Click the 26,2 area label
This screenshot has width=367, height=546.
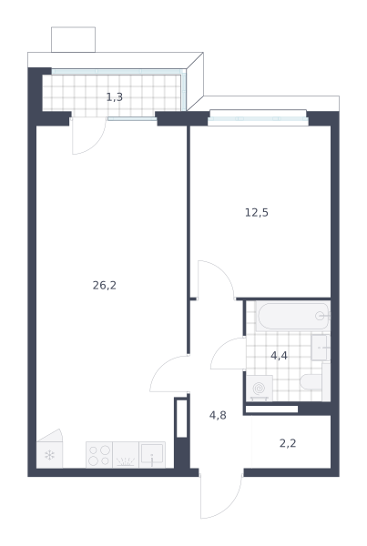coord(105,286)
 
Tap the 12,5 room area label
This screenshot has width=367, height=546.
coord(257,212)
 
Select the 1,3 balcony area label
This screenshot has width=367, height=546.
coord(115,97)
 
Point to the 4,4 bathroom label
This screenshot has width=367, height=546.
coord(280,356)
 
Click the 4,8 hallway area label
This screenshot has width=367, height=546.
coord(218,415)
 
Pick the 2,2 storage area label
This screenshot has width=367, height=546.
coord(288,443)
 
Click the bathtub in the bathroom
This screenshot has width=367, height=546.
coord(293,316)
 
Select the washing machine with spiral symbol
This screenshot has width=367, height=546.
coord(260,388)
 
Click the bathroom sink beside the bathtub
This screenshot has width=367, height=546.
coord(320,348)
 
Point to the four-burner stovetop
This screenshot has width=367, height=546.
coord(99,455)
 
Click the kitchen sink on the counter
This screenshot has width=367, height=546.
coord(152,455)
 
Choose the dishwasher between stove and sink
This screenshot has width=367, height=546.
coord(126,455)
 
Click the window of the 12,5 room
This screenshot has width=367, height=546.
coord(258,118)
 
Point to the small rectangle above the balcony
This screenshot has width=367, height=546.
coord(73,40)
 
